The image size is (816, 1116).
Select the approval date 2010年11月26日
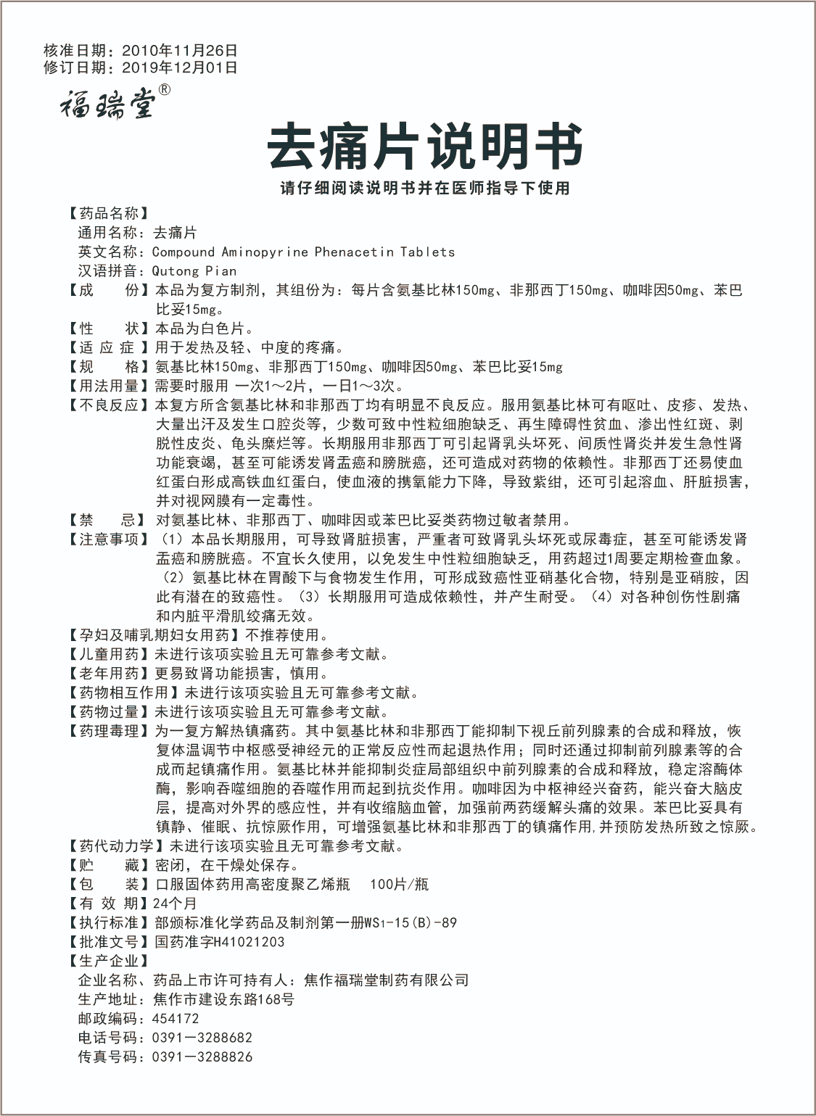tap(180, 51)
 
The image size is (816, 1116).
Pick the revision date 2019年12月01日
tap(180, 67)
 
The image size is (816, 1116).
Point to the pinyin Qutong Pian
tap(194, 271)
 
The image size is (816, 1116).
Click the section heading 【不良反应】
tap(109, 405)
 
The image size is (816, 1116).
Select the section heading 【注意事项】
tap(109, 540)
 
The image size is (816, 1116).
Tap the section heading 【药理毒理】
tap(109, 731)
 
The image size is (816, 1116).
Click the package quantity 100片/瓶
tap(399, 884)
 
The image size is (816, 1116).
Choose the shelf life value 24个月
tap(175, 904)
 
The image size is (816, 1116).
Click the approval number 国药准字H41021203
tap(220, 942)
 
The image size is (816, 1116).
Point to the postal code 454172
tap(176, 1019)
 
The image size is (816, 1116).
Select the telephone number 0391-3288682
tap(202, 1038)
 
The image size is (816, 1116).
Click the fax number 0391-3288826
tap(202, 1057)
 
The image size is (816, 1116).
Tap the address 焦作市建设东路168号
tap(223, 999)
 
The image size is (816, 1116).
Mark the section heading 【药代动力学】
tap(116, 846)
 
